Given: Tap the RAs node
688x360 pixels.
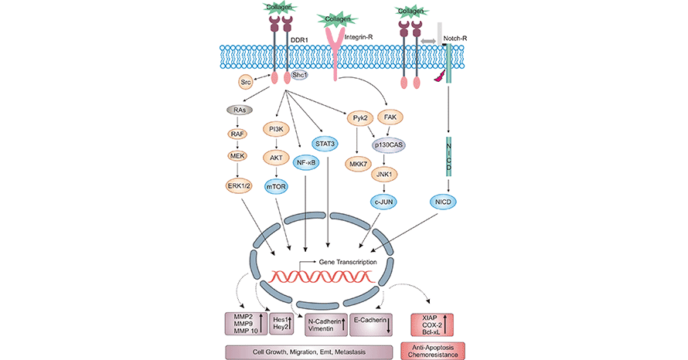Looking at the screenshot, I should coord(240,110).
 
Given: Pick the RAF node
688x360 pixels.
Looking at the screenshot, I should coord(240,133).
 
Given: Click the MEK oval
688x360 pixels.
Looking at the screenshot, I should coord(240,156).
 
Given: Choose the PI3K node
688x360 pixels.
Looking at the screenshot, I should coord(276,128).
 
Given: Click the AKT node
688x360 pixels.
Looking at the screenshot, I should coord(276,156).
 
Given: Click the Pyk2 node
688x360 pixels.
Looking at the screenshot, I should coord(359,118).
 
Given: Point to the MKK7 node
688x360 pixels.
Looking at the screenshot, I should coord(358,165).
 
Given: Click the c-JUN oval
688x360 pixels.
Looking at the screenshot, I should coord(385,202).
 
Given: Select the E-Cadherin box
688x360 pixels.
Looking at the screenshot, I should coord(376,324).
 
